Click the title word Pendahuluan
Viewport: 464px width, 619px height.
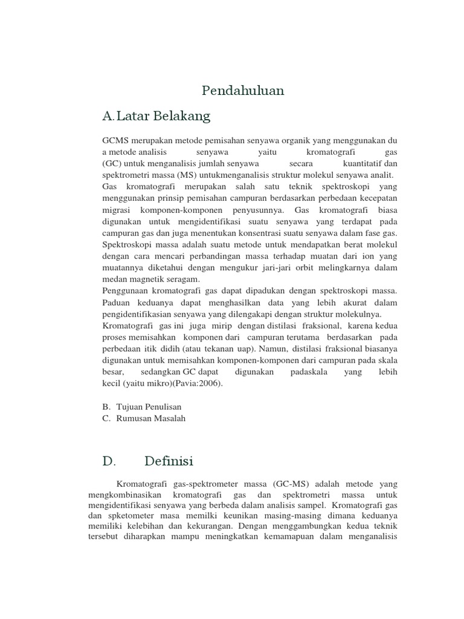coord(243,91)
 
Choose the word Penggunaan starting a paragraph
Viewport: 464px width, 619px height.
coord(126,291)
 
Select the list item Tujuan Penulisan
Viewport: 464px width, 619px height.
coord(149,407)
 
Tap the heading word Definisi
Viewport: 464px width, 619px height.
coord(169,461)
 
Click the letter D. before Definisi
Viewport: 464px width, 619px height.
coord(109,461)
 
